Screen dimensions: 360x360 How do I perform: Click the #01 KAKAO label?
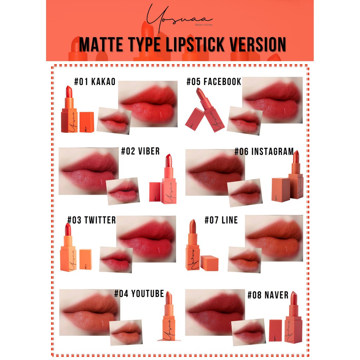(x=95, y=82)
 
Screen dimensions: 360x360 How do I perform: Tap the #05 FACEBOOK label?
(x=214, y=82)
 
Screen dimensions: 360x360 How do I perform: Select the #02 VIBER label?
(x=140, y=151)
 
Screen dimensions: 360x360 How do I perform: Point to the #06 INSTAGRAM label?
(x=264, y=152)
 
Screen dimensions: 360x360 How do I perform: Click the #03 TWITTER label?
(x=91, y=220)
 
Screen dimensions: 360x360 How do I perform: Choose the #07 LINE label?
(x=221, y=220)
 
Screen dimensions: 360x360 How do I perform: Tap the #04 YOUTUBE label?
(x=139, y=294)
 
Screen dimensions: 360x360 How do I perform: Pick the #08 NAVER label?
(x=268, y=295)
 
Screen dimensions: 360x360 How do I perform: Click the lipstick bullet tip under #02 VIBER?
(x=168, y=160)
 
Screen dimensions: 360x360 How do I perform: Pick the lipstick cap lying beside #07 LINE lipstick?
(x=209, y=263)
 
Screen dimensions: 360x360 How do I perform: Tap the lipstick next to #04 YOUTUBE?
(x=169, y=316)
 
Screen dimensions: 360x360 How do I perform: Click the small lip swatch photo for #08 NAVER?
(x=249, y=332)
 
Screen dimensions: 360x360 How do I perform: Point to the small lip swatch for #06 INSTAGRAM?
(x=245, y=192)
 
